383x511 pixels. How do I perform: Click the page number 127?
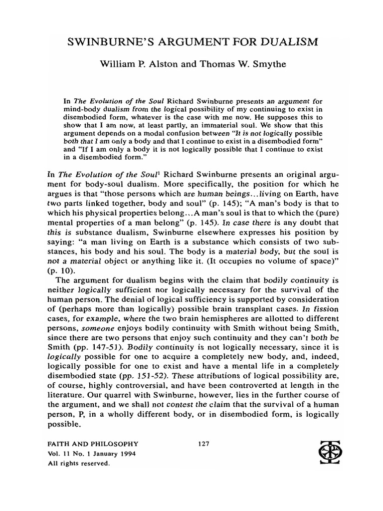point(197,443)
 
